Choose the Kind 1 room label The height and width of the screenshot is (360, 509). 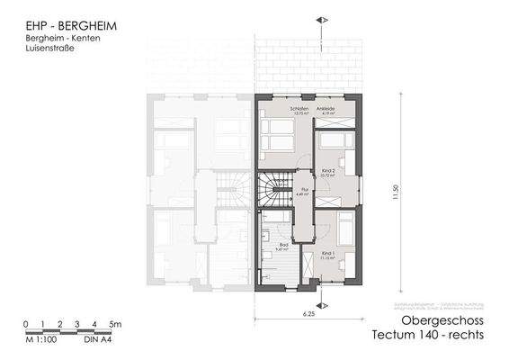pyautogui.click(x=329, y=255)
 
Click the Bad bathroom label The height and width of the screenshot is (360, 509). pyautogui.click(x=280, y=235)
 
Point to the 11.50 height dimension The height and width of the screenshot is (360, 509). pyautogui.click(x=396, y=193)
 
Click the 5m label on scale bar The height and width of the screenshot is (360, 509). pyautogui.click(x=114, y=323)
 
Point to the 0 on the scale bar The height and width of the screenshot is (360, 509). pyautogui.click(x=26, y=323)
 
